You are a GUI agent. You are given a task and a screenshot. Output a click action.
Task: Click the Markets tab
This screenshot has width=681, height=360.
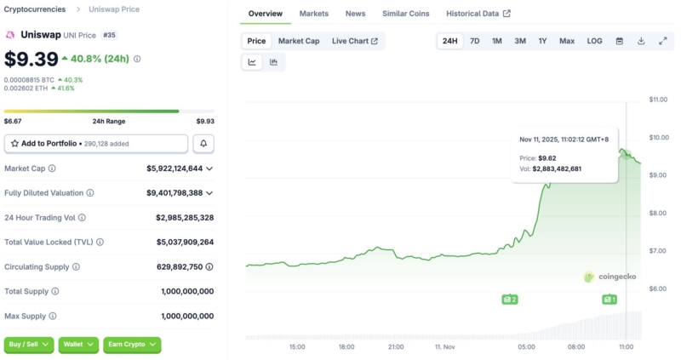coord(313,14)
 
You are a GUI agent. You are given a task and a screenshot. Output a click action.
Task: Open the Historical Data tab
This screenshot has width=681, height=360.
coord(478,14)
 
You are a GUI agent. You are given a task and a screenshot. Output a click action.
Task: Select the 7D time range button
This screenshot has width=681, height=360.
coord(474,41)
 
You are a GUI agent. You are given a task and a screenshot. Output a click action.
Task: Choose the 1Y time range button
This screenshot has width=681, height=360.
coord(542,41)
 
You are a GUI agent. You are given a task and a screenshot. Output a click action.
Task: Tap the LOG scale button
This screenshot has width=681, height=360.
coord(594,41)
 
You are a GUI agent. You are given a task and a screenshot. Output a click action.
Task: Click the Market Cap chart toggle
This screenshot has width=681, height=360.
coord(299,41)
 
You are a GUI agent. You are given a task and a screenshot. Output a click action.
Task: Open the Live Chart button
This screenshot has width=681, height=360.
coord(354,41)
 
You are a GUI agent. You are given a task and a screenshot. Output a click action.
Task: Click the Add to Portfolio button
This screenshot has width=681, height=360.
coord(95,144)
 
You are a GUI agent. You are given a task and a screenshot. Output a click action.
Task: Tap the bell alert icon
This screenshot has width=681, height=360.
coord(203,144)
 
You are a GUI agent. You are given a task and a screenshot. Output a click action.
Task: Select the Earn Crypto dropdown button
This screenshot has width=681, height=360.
coord(132,345)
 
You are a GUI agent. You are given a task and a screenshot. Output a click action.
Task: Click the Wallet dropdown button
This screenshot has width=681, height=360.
coord(78,345)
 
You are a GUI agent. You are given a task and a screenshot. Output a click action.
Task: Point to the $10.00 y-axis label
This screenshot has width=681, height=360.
coord(657,138)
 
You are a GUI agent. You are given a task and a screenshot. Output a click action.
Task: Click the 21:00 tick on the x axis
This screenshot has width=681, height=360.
coord(397,347)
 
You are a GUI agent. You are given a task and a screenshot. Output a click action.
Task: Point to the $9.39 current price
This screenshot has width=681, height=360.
coord(31,59)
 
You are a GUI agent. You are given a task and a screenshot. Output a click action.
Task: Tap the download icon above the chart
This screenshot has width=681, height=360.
coord(641,41)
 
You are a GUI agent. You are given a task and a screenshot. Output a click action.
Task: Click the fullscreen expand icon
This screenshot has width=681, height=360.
coord(663,41)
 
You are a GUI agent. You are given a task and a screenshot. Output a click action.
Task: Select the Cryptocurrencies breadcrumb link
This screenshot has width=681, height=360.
coord(35,9)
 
